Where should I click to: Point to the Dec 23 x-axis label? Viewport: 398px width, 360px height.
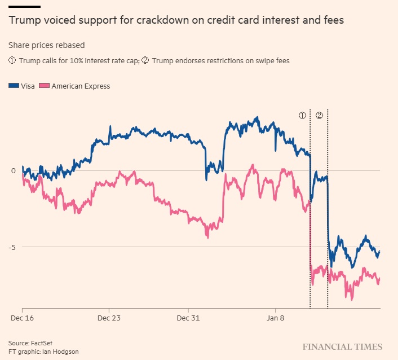click(108, 318)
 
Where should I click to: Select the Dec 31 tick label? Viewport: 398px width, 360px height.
click(189, 318)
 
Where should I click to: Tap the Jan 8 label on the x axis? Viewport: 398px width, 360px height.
click(276, 318)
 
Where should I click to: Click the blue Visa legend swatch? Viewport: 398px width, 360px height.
click(14, 86)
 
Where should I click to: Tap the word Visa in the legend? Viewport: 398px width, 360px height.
click(28, 86)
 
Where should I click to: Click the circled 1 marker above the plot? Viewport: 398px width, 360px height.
click(302, 115)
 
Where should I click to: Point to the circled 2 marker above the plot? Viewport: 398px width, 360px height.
click(319, 115)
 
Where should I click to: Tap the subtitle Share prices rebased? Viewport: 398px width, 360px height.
click(47, 45)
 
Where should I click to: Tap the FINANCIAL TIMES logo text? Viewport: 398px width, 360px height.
click(342, 347)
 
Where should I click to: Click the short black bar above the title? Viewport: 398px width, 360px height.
click(24, 6)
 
